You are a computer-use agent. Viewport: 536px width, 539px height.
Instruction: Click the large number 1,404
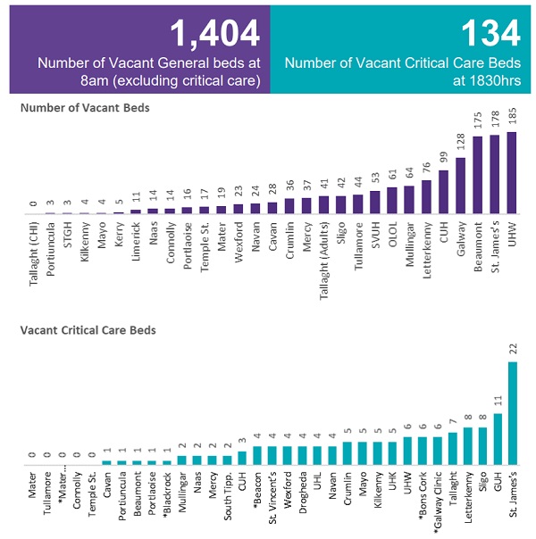click(214, 33)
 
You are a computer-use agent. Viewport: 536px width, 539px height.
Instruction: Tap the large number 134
click(490, 33)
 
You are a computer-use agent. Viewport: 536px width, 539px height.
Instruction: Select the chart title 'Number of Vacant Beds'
click(85, 108)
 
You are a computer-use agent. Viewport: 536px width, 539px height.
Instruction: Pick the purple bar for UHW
click(511, 173)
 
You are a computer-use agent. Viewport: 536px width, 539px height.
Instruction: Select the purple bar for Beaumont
click(477, 176)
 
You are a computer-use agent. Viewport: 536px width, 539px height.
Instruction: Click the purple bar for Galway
click(460, 187)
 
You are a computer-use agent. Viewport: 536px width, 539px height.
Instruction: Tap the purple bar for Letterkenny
click(426, 198)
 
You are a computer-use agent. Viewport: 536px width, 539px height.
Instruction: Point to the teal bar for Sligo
click(482, 446)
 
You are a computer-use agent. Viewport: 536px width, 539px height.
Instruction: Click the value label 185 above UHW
click(512, 118)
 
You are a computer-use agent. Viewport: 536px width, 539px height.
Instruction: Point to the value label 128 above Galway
click(461, 144)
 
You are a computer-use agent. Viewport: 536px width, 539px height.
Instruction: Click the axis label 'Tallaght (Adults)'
click(323, 260)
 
